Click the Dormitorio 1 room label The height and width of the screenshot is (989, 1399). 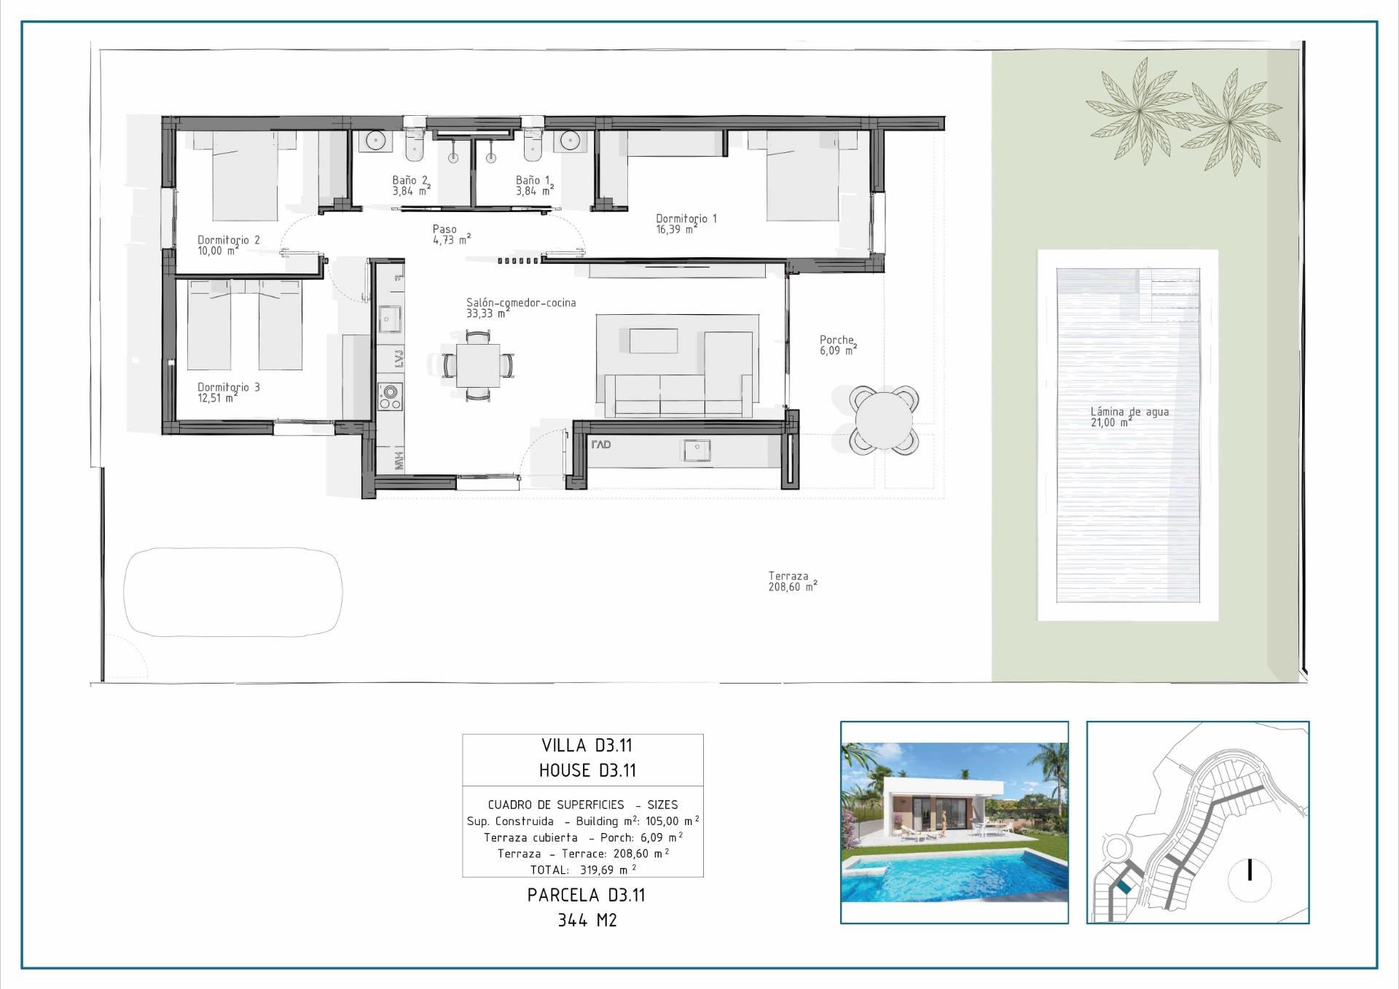tap(686, 223)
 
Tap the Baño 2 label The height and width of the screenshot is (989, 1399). tap(410, 185)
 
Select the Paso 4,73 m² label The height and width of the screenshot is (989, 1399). tap(451, 234)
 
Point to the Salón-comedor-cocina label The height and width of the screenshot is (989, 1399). tap(520, 308)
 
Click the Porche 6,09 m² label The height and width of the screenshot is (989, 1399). tap(837, 345)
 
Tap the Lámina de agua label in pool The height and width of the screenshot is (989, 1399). tap(1129, 416)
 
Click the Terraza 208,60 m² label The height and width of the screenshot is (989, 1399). tap(792, 581)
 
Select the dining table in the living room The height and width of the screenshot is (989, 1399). tap(478, 365)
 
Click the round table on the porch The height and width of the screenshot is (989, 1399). tap(883, 421)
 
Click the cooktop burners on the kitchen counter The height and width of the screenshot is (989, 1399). tap(390, 396)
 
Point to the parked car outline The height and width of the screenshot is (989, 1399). tap(232, 592)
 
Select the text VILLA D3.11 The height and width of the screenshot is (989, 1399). tap(586, 746)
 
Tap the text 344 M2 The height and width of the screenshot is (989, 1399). tap(587, 920)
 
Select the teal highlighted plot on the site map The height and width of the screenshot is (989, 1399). tap(1124, 886)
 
